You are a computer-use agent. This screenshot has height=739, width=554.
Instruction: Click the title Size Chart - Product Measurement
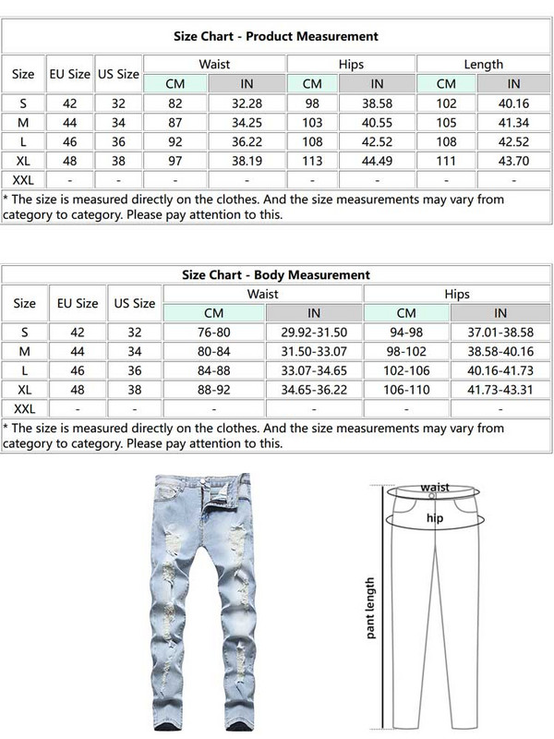276,36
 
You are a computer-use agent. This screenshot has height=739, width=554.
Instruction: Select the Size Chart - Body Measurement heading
276,274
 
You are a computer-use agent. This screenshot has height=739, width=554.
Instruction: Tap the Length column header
483,65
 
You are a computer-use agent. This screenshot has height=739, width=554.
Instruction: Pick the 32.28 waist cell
247,103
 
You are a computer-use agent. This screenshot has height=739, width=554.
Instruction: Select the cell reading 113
313,162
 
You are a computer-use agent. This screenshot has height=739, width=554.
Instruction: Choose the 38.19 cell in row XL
247,162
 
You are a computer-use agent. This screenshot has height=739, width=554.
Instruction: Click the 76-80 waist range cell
214,332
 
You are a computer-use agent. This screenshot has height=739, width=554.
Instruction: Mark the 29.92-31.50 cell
314,332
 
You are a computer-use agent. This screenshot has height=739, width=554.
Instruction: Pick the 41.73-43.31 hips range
500,390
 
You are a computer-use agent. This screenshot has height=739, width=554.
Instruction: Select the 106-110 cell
406,390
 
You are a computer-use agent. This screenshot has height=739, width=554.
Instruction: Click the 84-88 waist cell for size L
214,370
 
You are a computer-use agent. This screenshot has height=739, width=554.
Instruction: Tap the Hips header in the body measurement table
457,294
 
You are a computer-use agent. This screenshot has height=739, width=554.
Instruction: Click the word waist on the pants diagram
435,487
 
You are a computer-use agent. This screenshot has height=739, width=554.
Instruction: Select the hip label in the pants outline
434,519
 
